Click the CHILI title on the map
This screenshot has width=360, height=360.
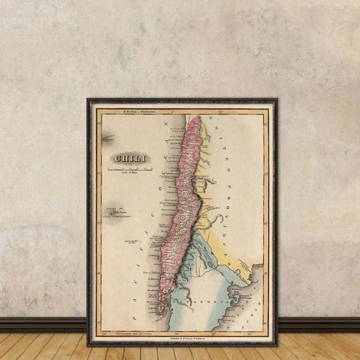point(129,159)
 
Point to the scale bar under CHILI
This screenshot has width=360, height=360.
point(129,169)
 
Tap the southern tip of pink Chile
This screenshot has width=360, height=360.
point(160,308)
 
